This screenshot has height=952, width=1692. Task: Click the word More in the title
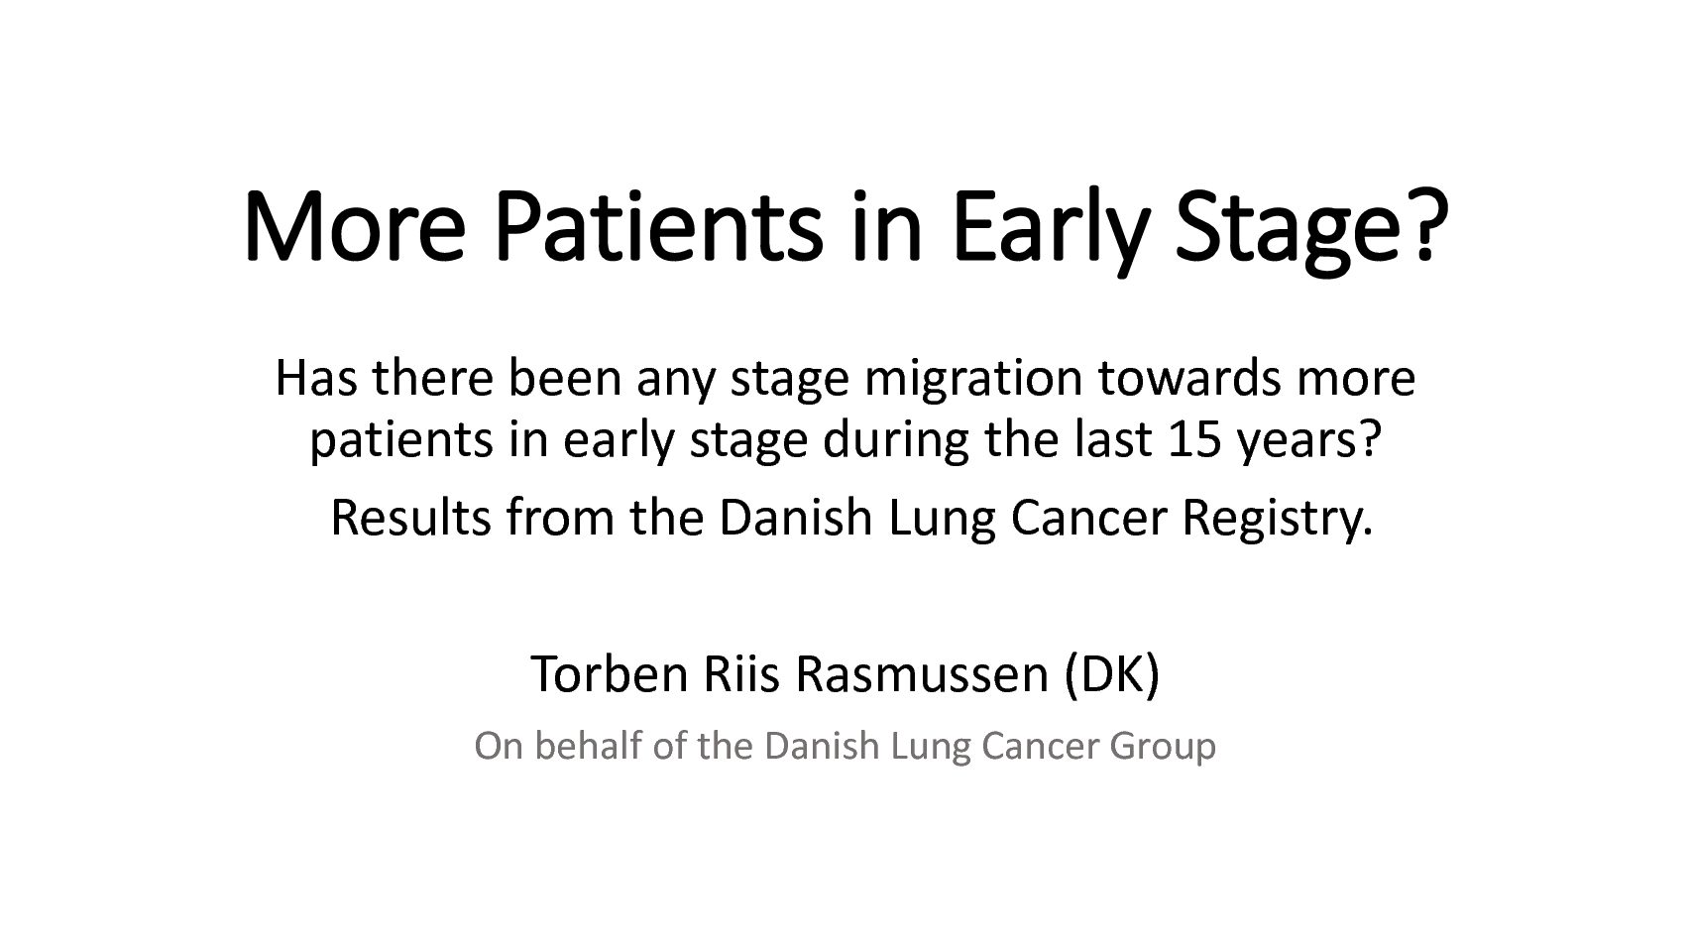tap(354, 227)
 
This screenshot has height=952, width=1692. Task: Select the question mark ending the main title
tap(1426, 225)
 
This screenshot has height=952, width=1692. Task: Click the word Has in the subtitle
tap(316, 378)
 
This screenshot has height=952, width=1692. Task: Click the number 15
tap(1194, 439)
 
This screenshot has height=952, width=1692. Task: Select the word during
tap(896, 442)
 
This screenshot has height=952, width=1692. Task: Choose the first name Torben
tap(610, 674)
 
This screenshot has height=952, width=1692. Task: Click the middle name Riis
tap(741, 674)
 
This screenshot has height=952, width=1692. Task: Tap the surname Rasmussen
tap(922, 674)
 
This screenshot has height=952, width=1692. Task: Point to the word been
tap(565, 378)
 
